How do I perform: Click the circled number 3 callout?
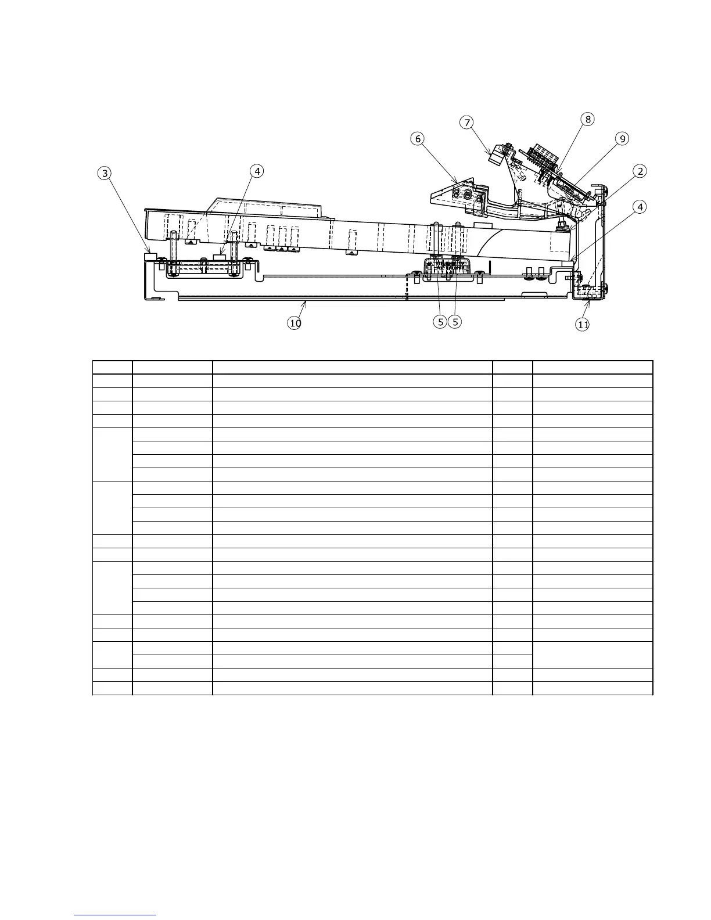pos(105,173)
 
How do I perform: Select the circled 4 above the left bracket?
pos(256,171)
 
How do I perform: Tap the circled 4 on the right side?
pos(640,207)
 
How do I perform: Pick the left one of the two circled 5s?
pos(441,321)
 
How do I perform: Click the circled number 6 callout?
pos(418,139)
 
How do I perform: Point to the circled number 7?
pos(466,122)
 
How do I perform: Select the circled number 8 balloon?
pos(588,119)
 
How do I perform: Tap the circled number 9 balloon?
pos(622,139)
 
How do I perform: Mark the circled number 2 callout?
pos(640,171)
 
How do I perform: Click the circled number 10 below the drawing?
pos(295,324)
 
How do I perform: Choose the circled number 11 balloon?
pos(583,325)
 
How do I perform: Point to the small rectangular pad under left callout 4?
pos(220,256)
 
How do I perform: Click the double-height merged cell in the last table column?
pos(592,655)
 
